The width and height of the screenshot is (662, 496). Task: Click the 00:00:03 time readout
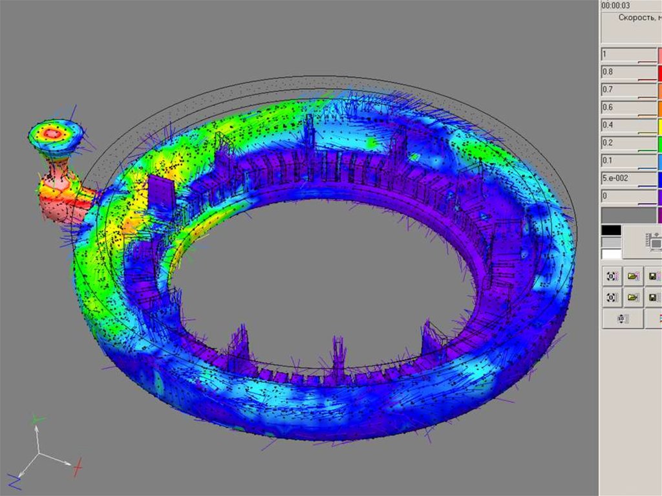click(615, 5)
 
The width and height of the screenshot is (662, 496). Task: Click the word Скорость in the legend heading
click(635, 17)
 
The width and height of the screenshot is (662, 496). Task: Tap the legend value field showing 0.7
click(629, 91)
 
